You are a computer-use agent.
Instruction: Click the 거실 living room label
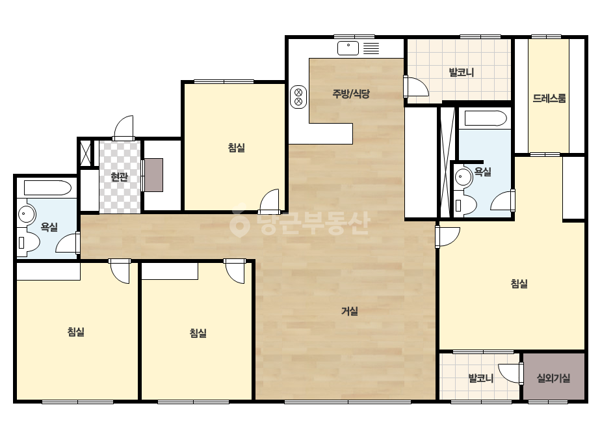coord(349,311)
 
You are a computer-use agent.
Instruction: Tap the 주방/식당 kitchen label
coord(351,94)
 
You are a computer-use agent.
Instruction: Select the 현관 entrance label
coord(119,176)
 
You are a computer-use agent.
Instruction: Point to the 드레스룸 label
coord(549,98)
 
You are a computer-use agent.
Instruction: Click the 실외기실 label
coord(553,378)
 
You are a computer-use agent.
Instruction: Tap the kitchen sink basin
coord(348,48)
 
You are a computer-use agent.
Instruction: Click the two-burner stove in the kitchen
coord(298,97)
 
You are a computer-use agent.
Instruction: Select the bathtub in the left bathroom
coord(47,188)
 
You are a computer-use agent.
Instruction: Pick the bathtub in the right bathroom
coord(486,118)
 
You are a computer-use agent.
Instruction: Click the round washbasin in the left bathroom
coord(27,213)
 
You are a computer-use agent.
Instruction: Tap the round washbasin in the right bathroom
coord(463,177)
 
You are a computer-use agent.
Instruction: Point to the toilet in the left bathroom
coord(29,242)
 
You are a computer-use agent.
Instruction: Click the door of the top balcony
coord(416,87)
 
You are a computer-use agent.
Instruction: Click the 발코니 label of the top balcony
coord(461,72)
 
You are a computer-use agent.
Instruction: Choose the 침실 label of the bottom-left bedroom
coord(76,331)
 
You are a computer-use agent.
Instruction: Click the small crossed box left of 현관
coord(86,153)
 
